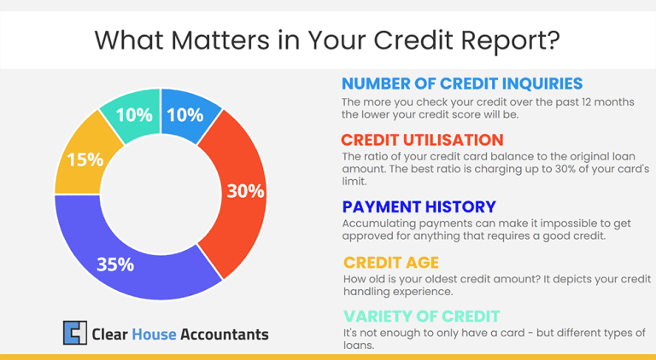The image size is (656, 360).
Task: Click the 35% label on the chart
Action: pyautogui.click(x=115, y=264)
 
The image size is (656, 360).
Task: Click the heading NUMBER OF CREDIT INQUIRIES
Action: pyautogui.click(x=462, y=84)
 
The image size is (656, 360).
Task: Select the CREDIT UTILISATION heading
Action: pyautogui.click(x=422, y=140)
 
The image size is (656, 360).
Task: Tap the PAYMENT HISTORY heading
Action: pyautogui.click(x=419, y=207)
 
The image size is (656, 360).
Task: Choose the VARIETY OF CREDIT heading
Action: pyautogui.click(x=421, y=316)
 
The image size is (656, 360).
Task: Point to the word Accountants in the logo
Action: pyautogui.click(x=225, y=334)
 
